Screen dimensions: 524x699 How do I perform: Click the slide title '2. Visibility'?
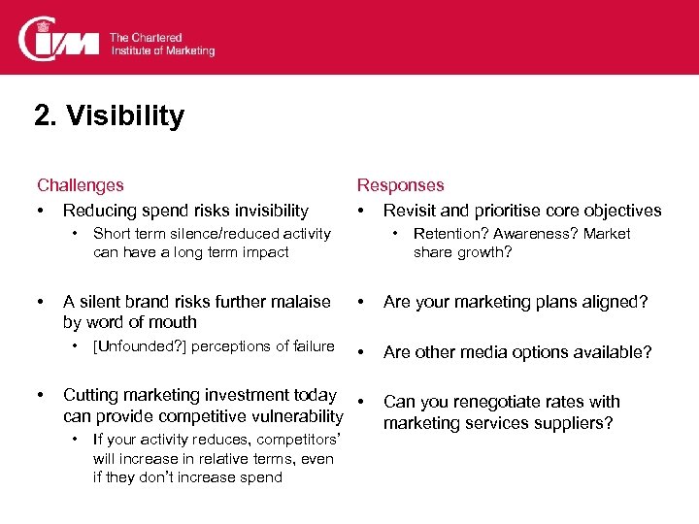(109, 117)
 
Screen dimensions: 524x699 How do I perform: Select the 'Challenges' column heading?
(81, 184)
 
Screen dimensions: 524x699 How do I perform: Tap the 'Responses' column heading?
(400, 184)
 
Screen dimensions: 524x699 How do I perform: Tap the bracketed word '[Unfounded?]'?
(135, 346)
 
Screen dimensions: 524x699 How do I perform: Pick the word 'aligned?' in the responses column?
(616, 302)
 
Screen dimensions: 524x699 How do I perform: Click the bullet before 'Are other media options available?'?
(362, 352)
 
